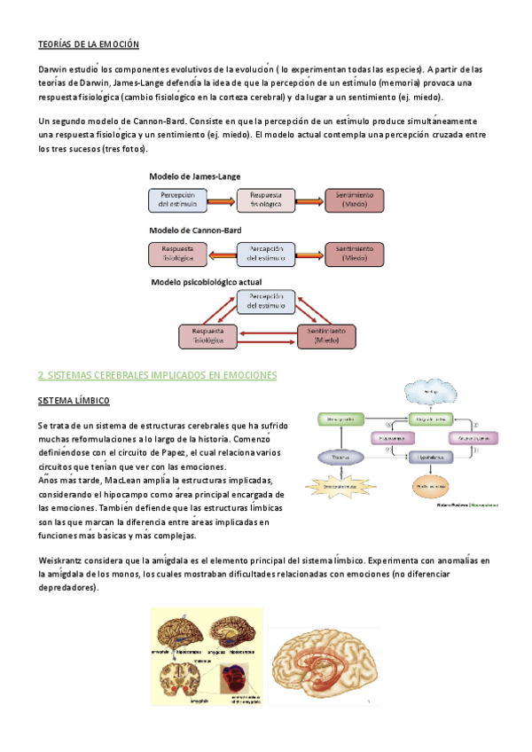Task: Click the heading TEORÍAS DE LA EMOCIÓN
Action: pos(89,43)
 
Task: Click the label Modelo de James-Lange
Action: pos(194,176)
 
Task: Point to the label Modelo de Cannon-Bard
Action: pos(195,230)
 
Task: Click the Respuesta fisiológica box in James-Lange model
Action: pos(266,200)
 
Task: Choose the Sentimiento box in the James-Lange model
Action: pos(355,200)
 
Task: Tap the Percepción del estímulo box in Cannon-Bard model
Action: pos(266,254)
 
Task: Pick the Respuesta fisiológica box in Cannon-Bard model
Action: pos(177,254)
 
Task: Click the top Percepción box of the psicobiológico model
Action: pos(266,301)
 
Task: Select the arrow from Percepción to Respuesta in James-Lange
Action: pos(222,200)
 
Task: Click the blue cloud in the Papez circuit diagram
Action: pos(429,391)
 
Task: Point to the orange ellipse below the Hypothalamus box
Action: pos(430,487)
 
